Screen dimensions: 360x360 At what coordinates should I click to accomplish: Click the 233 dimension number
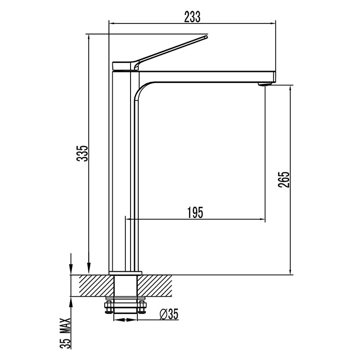point(192,17)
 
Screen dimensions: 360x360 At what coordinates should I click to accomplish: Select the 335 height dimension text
point(83,154)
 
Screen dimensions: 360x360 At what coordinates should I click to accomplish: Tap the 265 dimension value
point(284,180)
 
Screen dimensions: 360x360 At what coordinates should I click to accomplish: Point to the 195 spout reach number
point(195,213)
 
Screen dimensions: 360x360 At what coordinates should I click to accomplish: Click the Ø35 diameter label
point(169,314)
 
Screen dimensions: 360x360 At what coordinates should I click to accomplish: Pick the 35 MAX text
point(65,333)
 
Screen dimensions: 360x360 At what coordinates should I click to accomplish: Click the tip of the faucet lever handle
point(206,36)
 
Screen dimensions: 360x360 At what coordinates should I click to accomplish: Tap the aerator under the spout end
point(265,84)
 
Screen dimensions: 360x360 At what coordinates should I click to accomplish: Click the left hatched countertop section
point(96,286)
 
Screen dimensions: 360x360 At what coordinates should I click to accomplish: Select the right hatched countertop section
point(155,286)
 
